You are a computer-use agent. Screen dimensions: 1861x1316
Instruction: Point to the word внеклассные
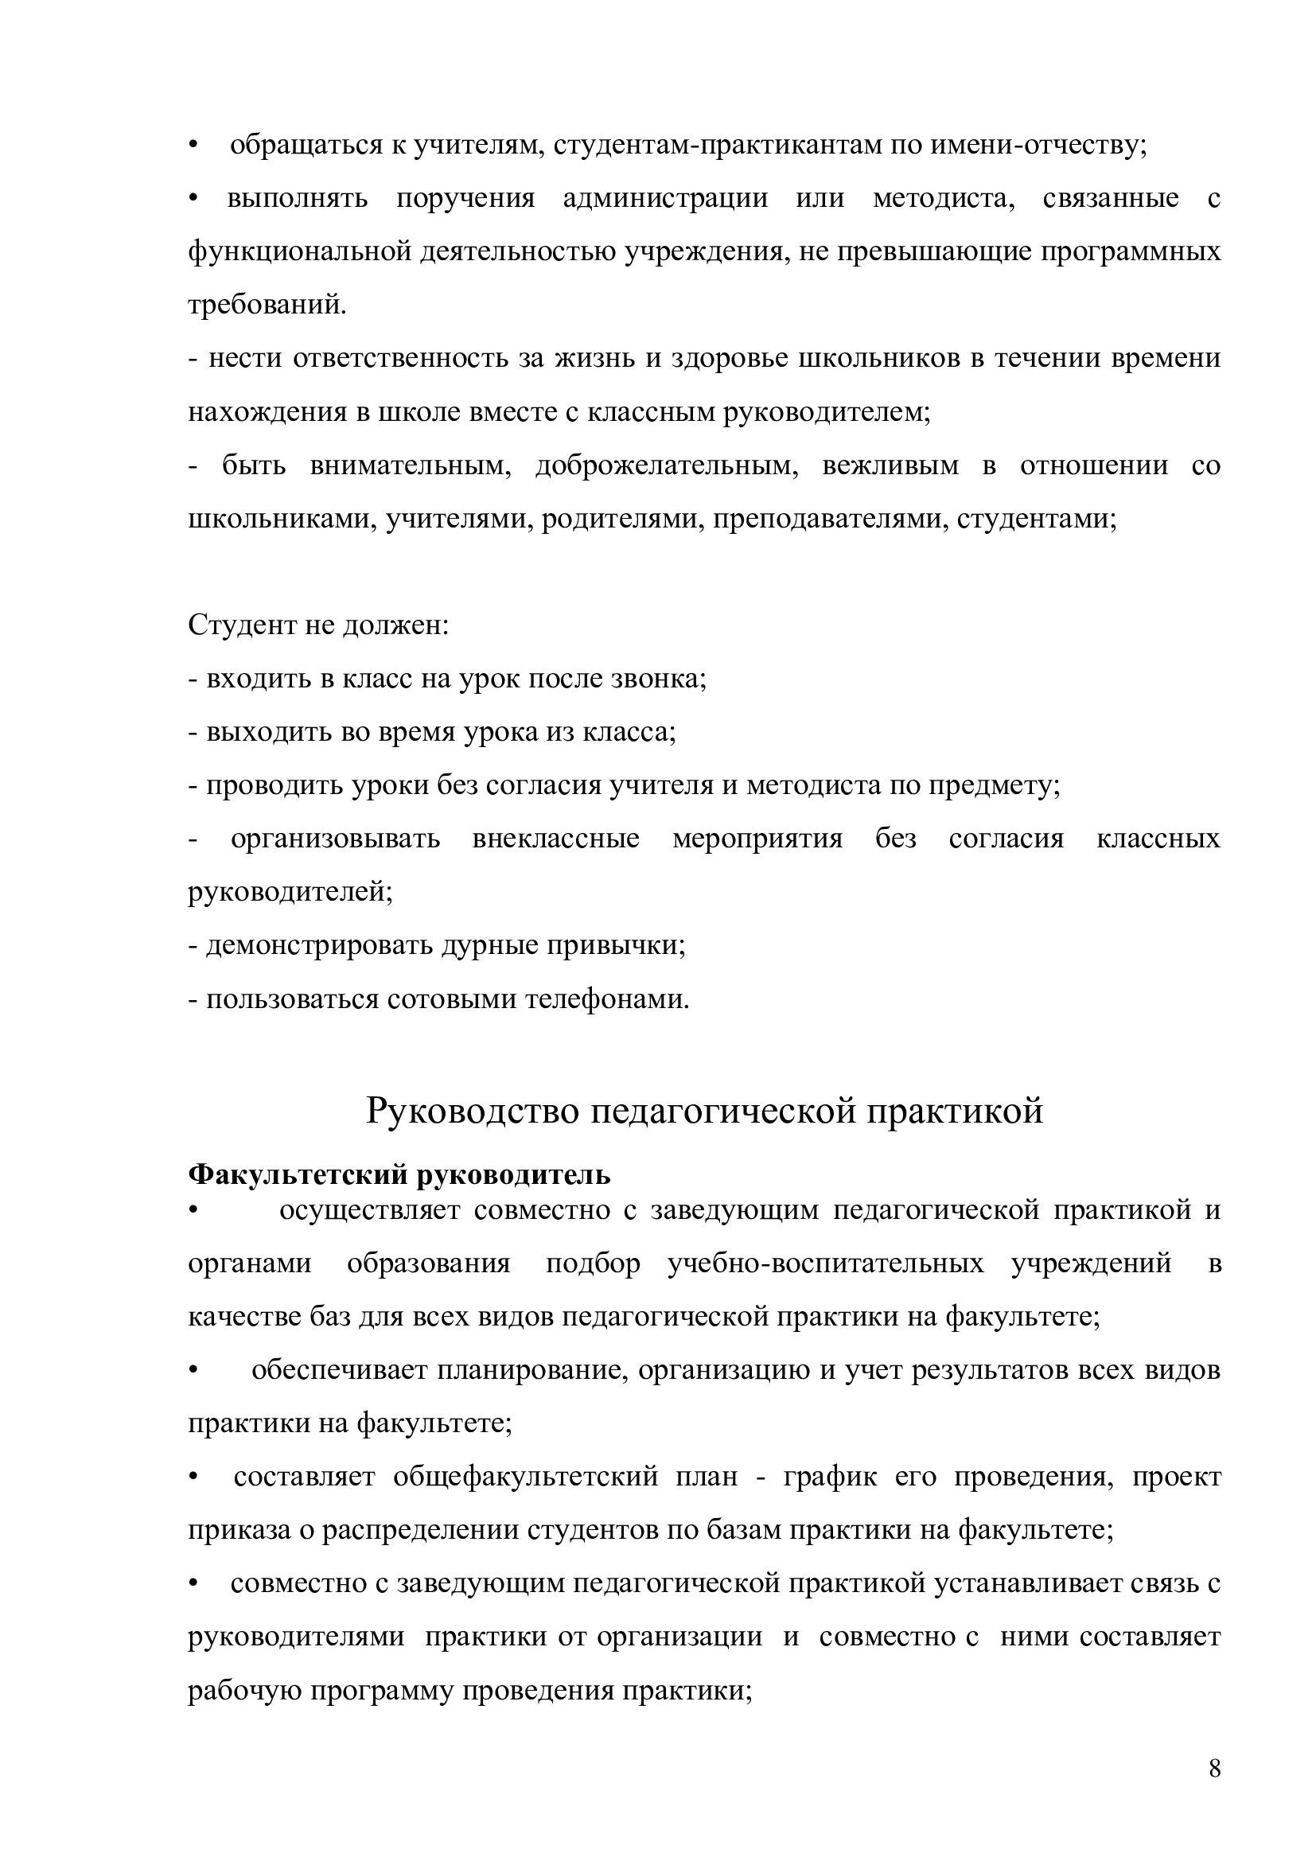coord(555,839)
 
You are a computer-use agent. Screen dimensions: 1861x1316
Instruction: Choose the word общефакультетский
coord(525,1477)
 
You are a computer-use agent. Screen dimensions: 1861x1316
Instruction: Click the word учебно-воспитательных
coord(826,1263)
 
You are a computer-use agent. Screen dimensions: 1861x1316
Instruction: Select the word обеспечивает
coord(340,1370)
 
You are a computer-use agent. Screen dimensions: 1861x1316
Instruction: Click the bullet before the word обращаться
coord(193,146)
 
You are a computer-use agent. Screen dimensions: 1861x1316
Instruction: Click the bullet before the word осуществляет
coord(193,1211)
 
